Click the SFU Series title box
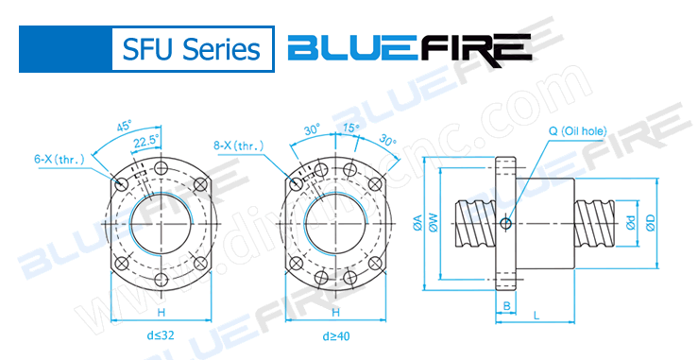[x=186, y=49]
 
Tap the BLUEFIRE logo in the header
[x=408, y=48]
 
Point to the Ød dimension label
[x=630, y=224]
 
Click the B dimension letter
[x=506, y=305]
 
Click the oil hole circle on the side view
[x=506, y=223]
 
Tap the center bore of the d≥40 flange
[x=334, y=223]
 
